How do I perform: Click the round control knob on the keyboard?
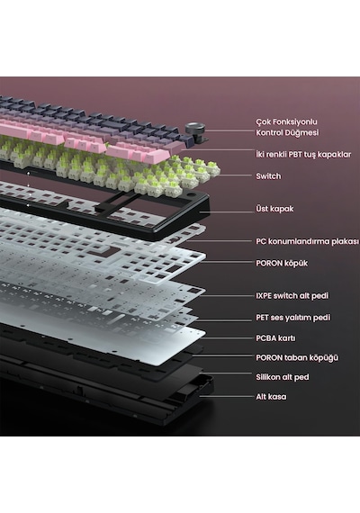194,129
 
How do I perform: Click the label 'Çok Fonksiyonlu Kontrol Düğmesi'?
287,127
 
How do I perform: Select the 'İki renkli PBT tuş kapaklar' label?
303,154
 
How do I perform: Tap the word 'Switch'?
268,176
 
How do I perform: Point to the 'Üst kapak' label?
274,209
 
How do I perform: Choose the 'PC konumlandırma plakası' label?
307,241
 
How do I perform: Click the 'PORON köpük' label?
282,263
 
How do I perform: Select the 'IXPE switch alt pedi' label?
292,296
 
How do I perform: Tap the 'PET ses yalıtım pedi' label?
292,318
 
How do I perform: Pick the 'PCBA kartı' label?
275,338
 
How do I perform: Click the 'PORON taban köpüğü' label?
297,357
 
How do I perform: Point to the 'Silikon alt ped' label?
282,377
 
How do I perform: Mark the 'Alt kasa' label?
271,397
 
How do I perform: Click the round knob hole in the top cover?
191,195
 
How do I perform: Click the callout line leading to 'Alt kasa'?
227,397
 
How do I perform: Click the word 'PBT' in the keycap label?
296,154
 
